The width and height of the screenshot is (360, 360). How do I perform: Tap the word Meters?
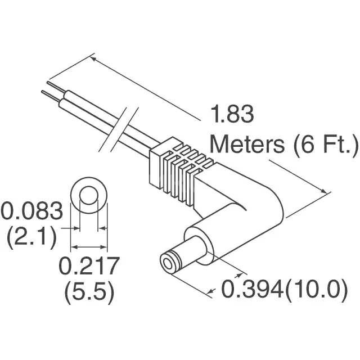click(x=247, y=145)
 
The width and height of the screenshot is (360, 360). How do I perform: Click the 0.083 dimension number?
click(x=31, y=210)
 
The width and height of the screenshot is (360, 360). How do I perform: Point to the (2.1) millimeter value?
click(x=31, y=237)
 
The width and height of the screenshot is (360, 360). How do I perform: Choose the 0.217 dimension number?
click(x=89, y=265)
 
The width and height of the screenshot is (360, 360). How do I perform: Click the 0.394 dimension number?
click(x=252, y=289)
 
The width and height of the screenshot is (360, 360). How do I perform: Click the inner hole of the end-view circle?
click(x=89, y=196)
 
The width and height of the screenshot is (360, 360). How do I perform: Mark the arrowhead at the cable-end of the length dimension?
click(x=94, y=59)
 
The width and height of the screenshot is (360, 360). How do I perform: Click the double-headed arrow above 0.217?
click(x=89, y=247)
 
